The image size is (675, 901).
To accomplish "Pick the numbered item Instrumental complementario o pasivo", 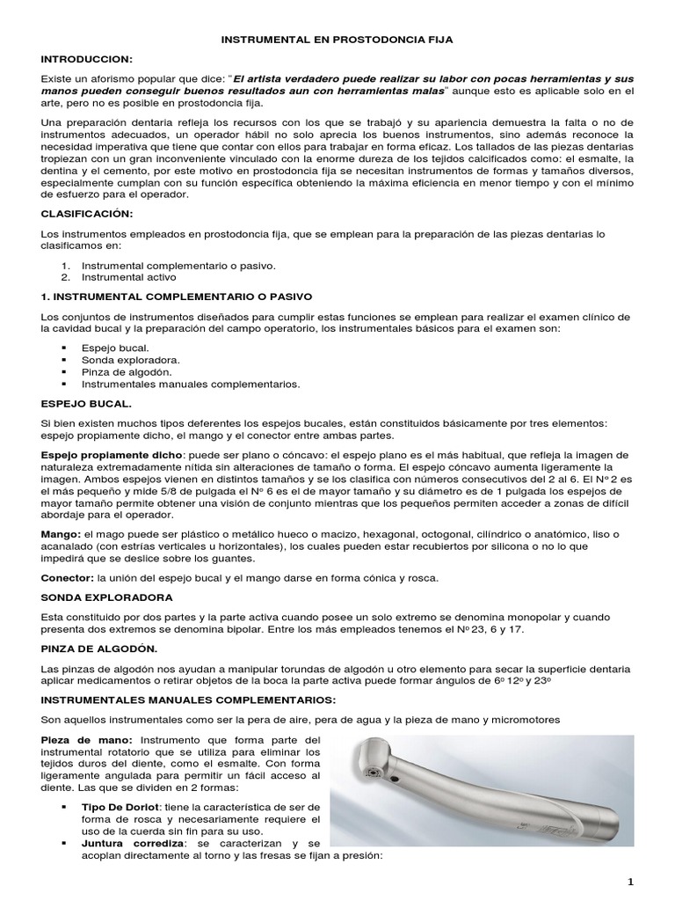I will tap(178, 264).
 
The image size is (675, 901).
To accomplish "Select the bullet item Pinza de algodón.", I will tap(127, 372).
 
